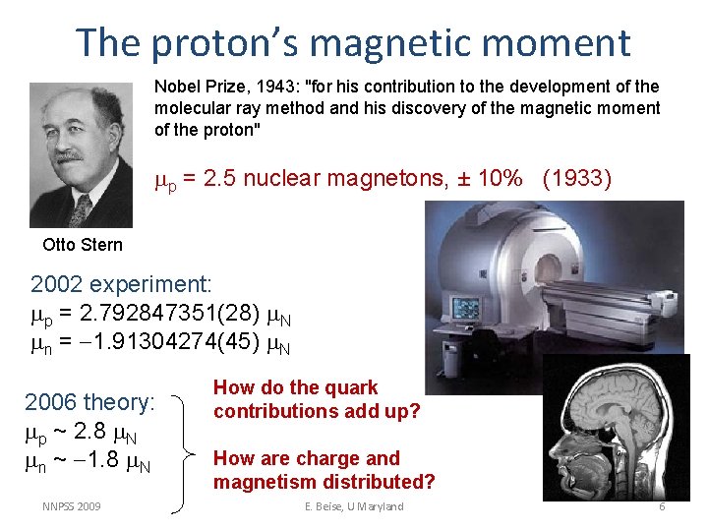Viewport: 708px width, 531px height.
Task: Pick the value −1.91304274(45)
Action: pos(166,344)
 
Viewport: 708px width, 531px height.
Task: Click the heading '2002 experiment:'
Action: pos(121,285)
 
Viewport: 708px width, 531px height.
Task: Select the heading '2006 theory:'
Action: pos(89,402)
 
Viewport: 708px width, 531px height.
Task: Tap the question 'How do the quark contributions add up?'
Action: pos(316,399)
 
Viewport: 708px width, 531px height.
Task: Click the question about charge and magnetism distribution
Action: pos(324,470)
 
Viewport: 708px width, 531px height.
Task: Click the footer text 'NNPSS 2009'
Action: pos(71,506)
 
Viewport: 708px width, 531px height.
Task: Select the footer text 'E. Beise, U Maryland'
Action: pos(354,506)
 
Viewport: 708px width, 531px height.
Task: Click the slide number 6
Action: pos(662,506)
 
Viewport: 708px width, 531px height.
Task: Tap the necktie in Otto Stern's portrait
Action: pos(79,208)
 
